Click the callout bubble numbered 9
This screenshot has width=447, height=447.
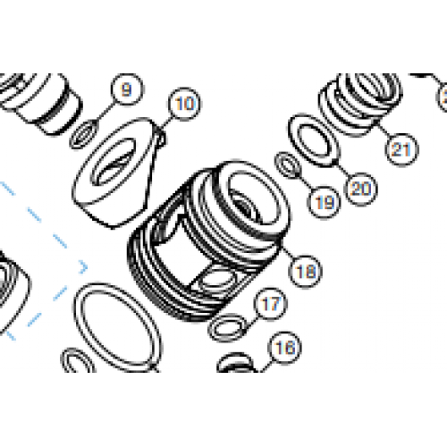(x=126, y=89)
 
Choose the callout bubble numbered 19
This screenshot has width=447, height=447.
(x=324, y=203)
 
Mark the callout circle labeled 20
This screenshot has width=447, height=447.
(x=359, y=189)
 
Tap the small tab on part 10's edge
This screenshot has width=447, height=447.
(x=161, y=137)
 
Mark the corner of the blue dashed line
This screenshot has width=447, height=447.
(x=85, y=266)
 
